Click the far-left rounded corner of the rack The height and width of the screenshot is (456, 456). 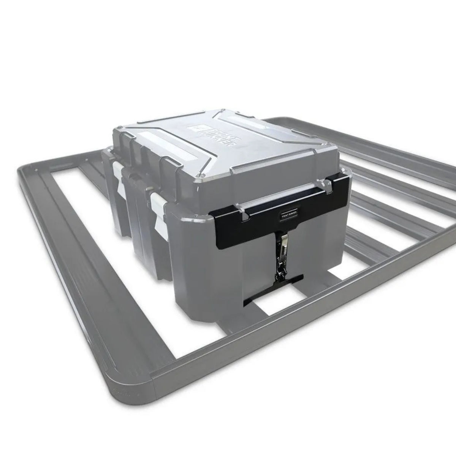(x=28, y=169)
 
